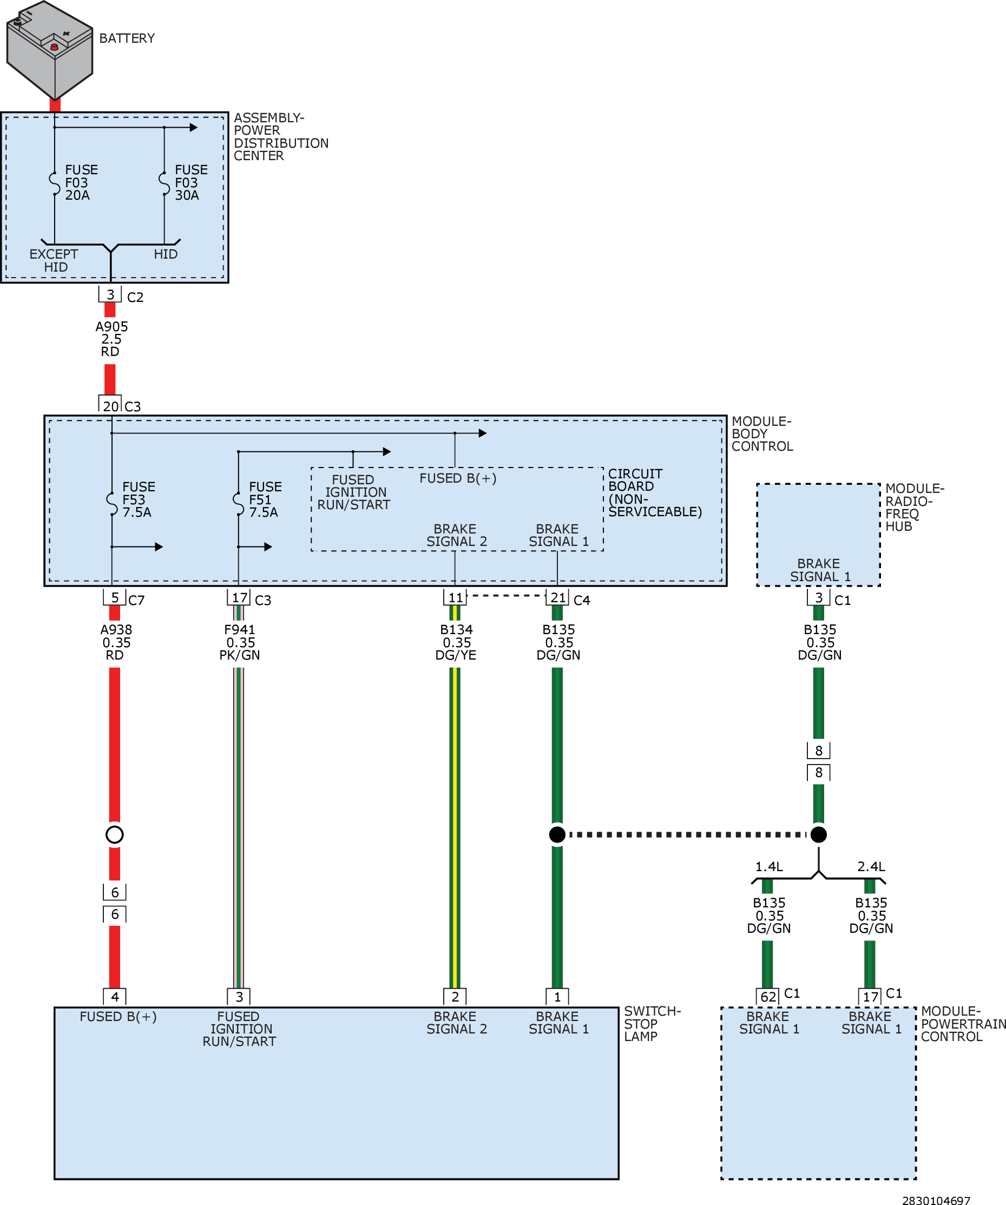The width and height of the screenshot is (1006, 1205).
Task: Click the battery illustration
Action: pos(49,50)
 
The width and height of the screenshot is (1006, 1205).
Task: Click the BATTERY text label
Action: pos(127,38)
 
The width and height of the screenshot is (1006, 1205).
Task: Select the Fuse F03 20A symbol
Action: pos(55,183)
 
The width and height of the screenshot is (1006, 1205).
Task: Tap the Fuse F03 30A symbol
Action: pos(164,183)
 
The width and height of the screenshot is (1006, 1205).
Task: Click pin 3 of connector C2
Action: pos(110,294)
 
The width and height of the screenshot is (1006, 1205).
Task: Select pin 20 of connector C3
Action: pos(110,405)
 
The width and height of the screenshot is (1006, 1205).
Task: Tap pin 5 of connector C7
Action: pos(115,597)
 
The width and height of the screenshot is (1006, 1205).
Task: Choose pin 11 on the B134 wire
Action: pos(455,597)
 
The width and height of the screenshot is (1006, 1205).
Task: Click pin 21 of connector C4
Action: pos(557,597)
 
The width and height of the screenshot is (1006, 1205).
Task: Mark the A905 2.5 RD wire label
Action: pos(111,339)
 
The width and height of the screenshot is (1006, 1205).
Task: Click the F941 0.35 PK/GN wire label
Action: pos(240,642)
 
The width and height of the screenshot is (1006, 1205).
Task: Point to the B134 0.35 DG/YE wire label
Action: pos(456,642)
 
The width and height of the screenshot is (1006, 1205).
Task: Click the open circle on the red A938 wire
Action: pos(115,834)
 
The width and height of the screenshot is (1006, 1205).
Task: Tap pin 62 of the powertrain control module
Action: pos(768,997)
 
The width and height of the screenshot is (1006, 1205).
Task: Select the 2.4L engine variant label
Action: pos(871,866)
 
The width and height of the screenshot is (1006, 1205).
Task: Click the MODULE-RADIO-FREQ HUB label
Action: pos(915,507)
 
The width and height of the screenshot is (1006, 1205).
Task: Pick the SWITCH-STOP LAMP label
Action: pos(653,1024)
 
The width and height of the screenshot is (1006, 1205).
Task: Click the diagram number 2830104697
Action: pos(936,1200)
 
